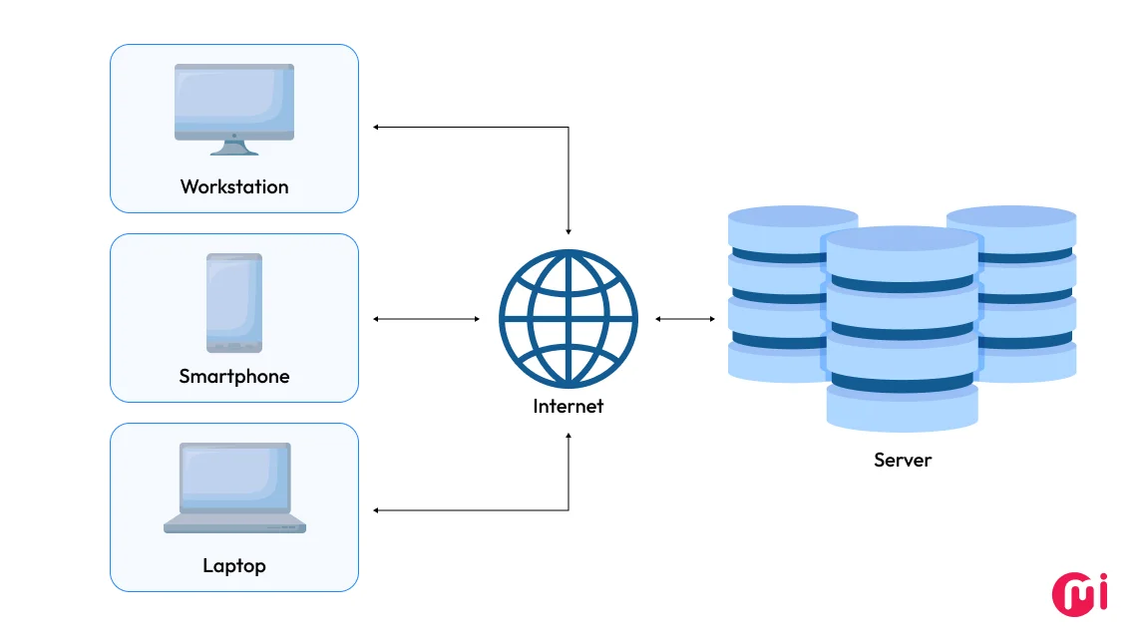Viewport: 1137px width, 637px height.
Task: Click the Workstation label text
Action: click(234, 186)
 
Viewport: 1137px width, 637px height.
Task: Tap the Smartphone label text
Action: click(234, 376)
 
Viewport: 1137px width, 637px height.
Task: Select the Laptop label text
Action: click(234, 565)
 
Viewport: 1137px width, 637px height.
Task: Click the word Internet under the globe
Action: click(568, 406)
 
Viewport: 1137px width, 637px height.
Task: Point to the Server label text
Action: click(903, 460)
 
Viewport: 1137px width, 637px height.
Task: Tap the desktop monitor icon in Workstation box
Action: click(234, 102)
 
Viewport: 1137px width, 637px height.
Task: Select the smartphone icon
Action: click(234, 303)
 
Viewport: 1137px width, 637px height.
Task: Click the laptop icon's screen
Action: click(234, 478)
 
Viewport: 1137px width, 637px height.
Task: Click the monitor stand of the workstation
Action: click(234, 147)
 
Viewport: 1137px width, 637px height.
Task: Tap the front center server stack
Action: click(902, 329)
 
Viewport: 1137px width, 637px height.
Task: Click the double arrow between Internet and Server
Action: click(685, 319)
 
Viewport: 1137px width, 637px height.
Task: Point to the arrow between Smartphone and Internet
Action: click(426, 319)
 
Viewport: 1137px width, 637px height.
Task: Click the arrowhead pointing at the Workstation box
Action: click(377, 128)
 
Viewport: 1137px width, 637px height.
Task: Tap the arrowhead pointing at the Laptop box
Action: click(377, 510)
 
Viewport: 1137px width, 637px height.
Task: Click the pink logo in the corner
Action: click(1080, 593)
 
